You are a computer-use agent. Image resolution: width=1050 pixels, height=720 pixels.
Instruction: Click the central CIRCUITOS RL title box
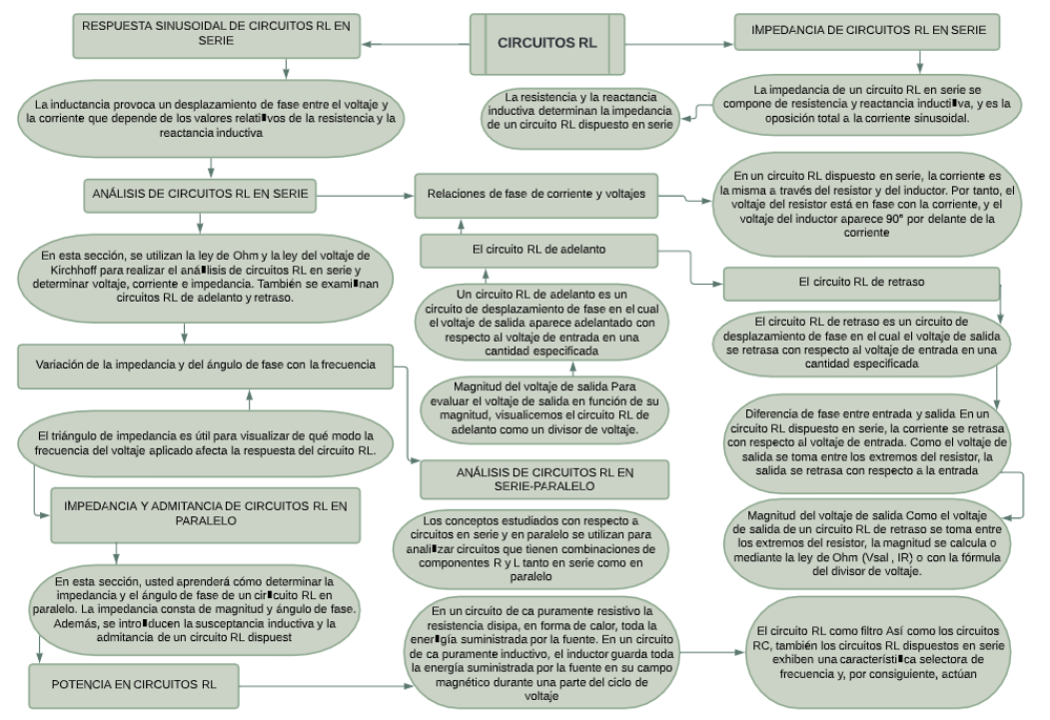pyautogui.click(x=544, y=44)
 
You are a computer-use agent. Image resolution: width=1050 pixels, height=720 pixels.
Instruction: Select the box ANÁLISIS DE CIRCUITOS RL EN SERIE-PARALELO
pyautogui.click(x=537, y=477)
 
